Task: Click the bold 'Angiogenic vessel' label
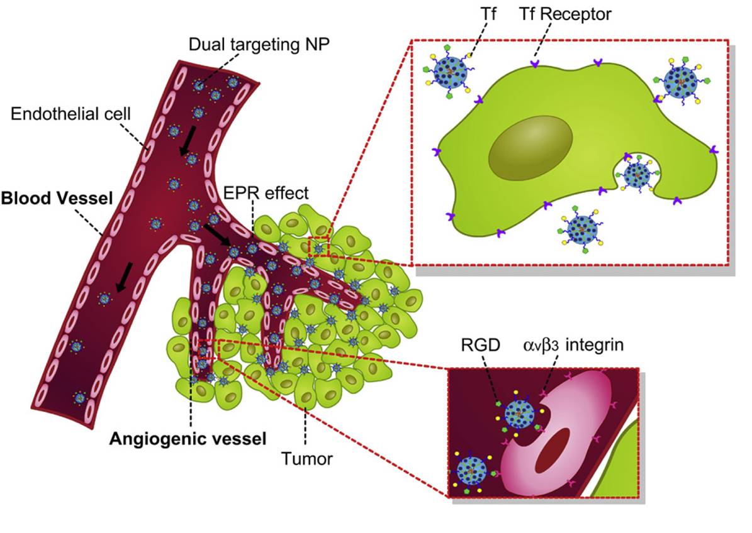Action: tap(188, 437)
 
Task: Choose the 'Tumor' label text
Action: tap(306, 459)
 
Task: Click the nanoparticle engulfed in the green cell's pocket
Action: tap(636, 174)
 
